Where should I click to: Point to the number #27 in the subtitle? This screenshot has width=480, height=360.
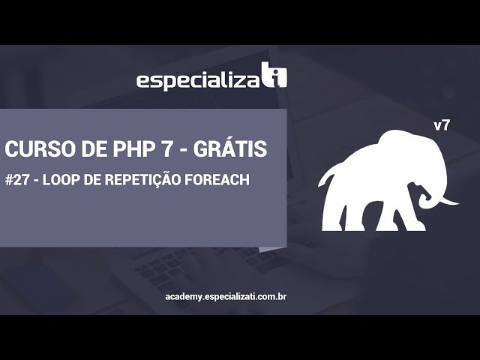click(16, 181)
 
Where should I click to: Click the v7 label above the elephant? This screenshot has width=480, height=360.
click(442, 125)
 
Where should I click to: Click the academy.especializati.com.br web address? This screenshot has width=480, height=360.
click(226, 297)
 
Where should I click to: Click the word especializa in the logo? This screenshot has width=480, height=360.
click(197, 80)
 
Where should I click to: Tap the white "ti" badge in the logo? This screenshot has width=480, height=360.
click(274, 76)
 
